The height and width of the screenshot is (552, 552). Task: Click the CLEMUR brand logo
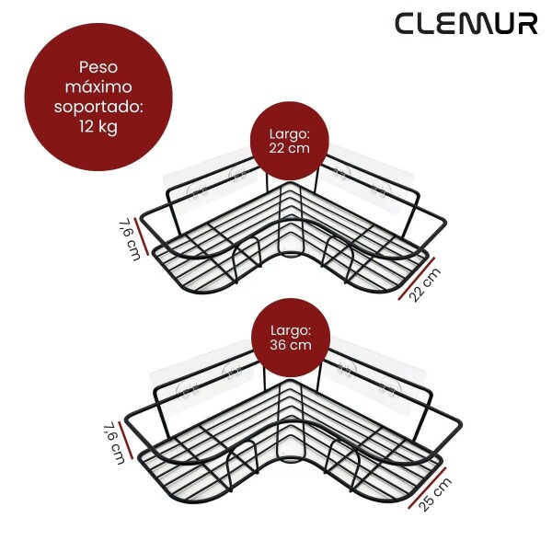pyautogui.click(x=466, y=23)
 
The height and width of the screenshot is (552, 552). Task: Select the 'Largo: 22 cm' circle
pyautogui.click(x=290, y=143)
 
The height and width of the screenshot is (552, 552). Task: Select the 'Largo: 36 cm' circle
pyautogui.click(x=291, y=339)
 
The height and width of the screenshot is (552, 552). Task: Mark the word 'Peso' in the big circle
pyautogui.click(x=98, y=67)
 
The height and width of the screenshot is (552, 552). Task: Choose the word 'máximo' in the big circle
pyautogui.click(x=98, y=86)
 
